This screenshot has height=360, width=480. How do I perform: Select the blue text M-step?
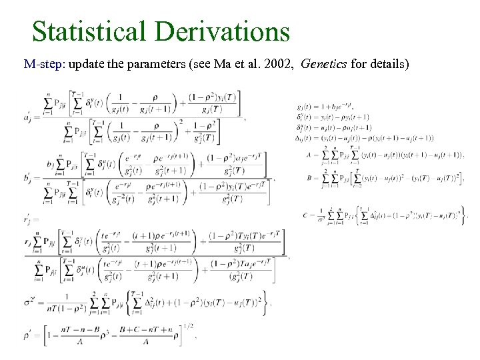click(43, 65)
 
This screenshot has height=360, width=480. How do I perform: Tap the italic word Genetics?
click(323, 65)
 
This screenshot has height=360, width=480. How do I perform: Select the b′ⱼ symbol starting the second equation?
click(29, 178)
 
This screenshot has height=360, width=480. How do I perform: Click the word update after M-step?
click(83, 65)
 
